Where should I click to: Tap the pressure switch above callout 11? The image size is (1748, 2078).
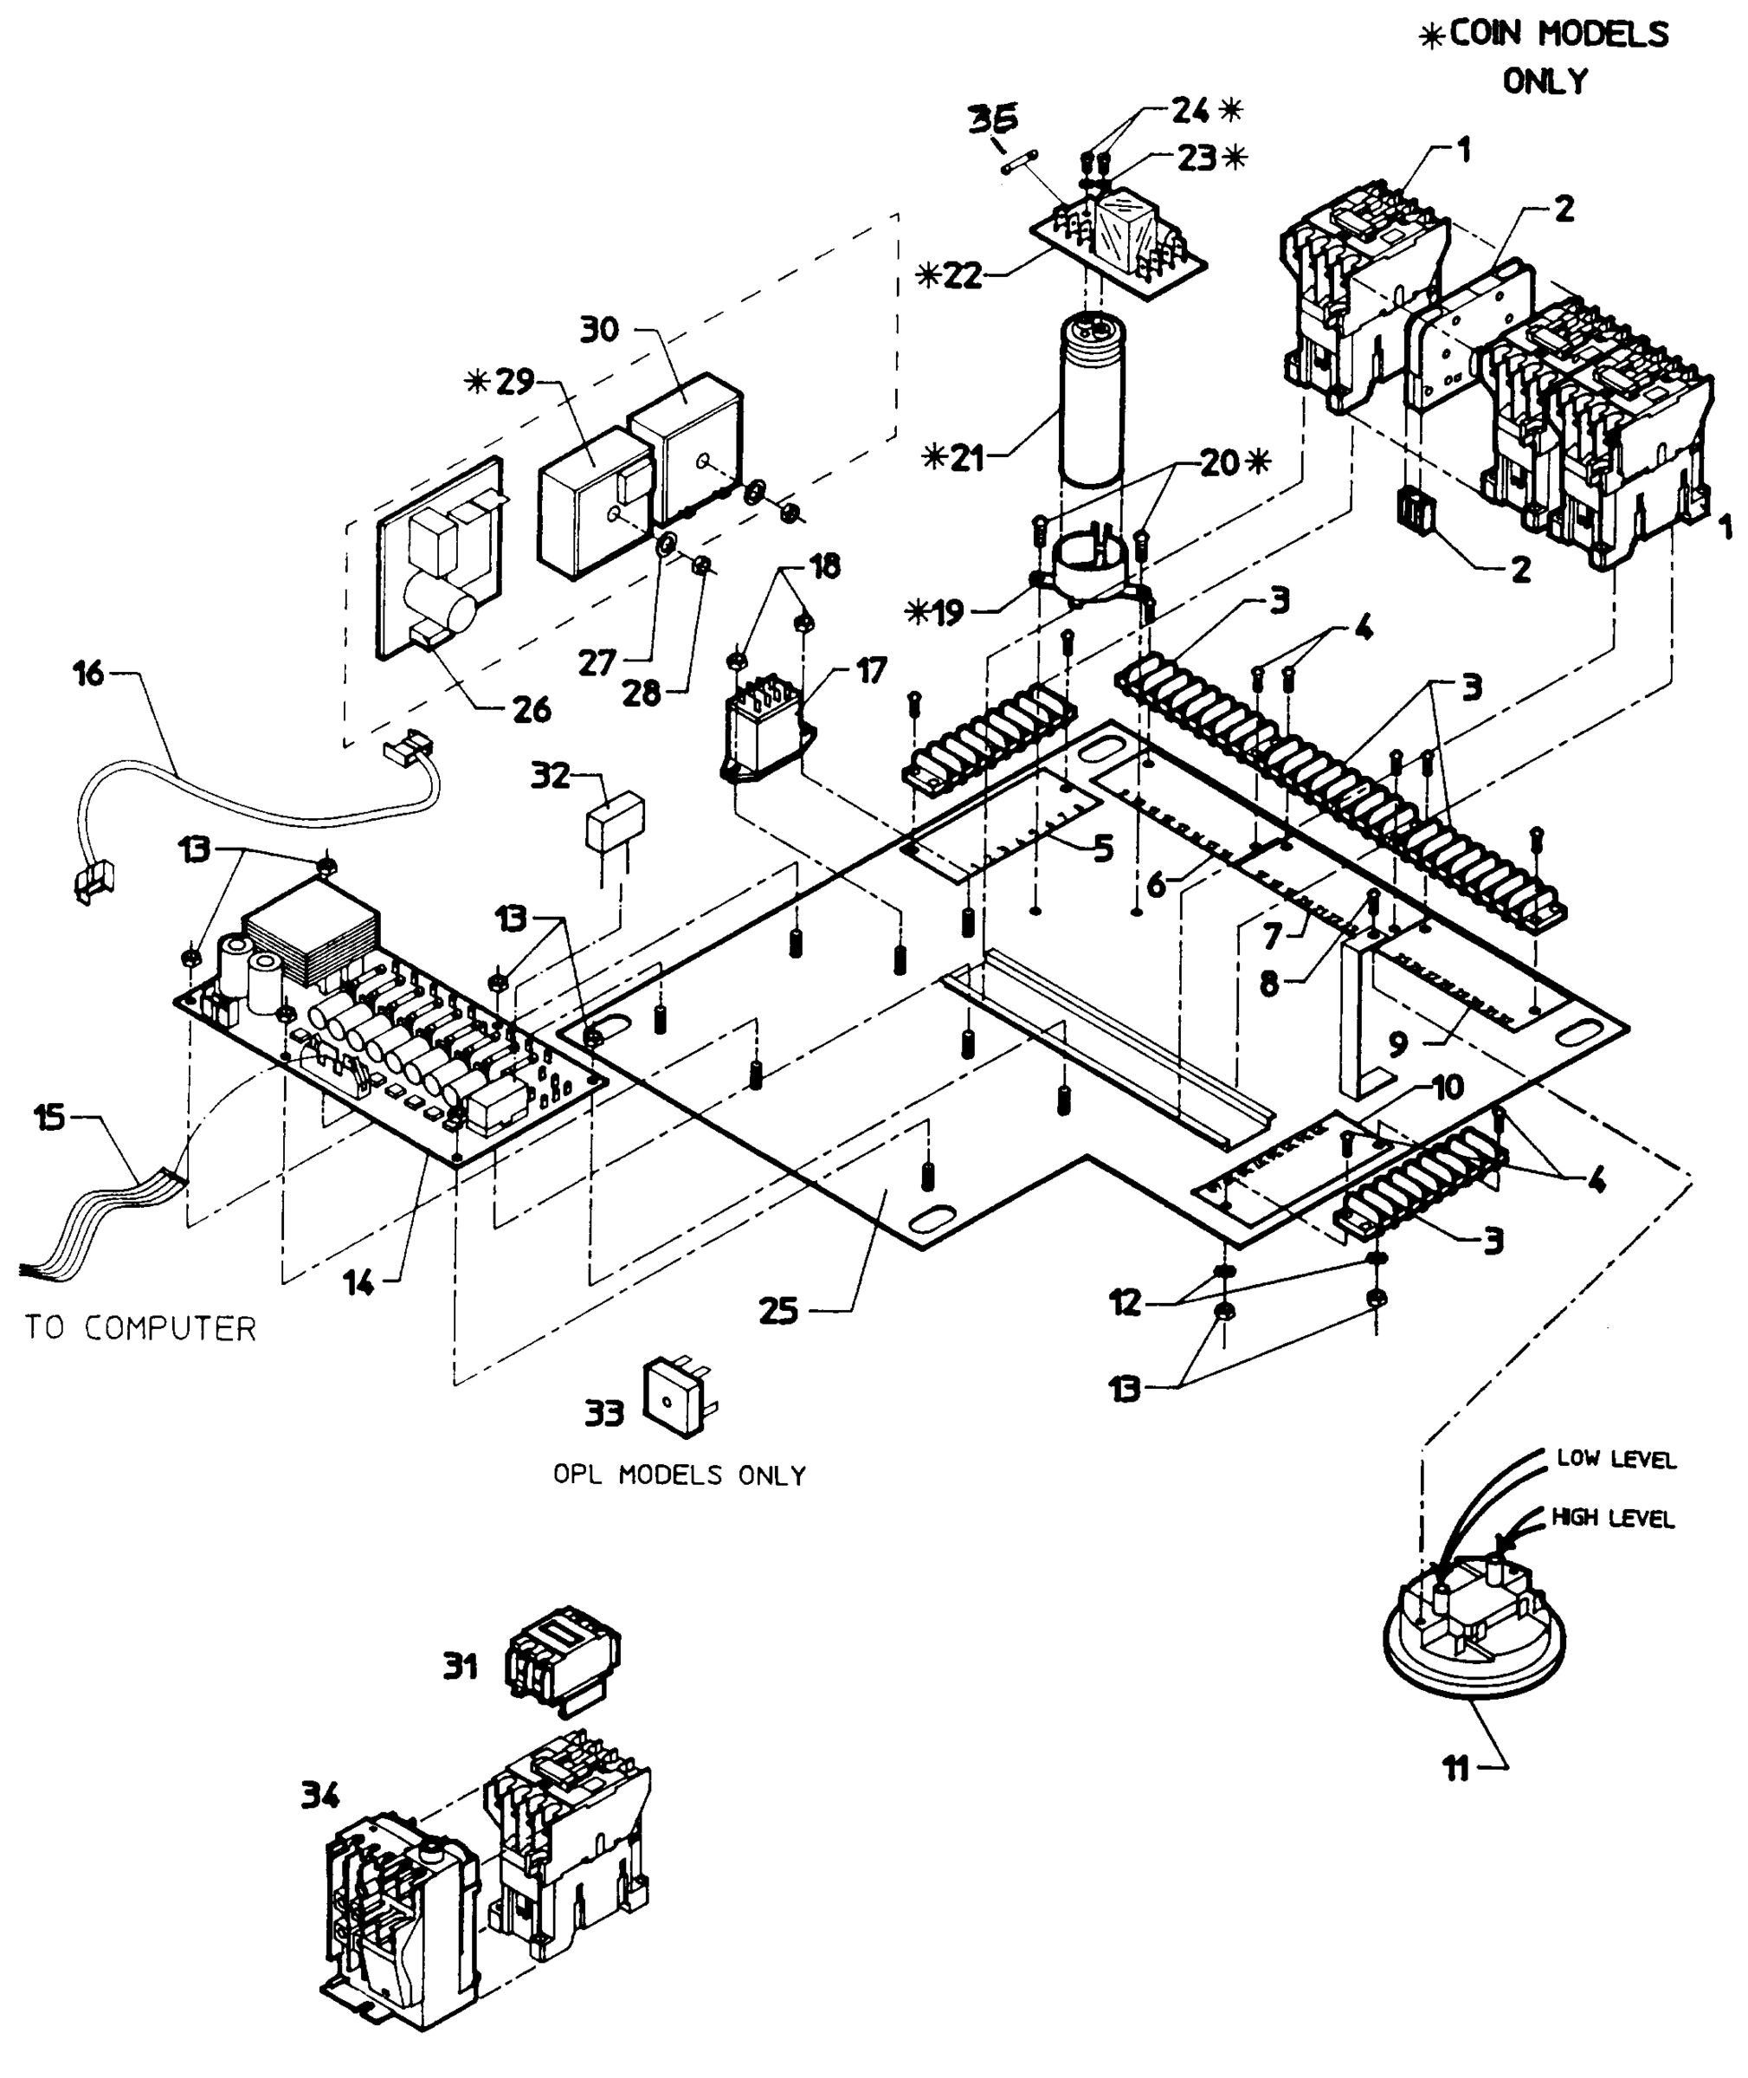pos(1474,1640)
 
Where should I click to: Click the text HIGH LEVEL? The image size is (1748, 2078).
pos(1612,1517)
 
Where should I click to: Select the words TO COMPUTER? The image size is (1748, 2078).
pos(141,1328)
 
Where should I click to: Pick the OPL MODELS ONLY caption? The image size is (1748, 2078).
pos(679,1475)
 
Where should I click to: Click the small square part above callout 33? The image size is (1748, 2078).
pos(677,1397)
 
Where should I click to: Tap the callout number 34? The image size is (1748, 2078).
pos(320,1795)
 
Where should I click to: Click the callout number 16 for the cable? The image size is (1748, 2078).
pos(88,674)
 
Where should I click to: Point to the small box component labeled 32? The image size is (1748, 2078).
pos(615,822)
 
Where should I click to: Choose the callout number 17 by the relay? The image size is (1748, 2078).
pos(871,671)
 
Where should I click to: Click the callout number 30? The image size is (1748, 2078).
pos(599,329)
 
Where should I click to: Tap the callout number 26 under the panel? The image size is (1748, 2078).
pos(531,708)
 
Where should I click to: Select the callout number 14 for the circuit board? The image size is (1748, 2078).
pos(358,1283)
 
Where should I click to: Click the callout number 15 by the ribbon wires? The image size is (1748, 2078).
pos(49,1117)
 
